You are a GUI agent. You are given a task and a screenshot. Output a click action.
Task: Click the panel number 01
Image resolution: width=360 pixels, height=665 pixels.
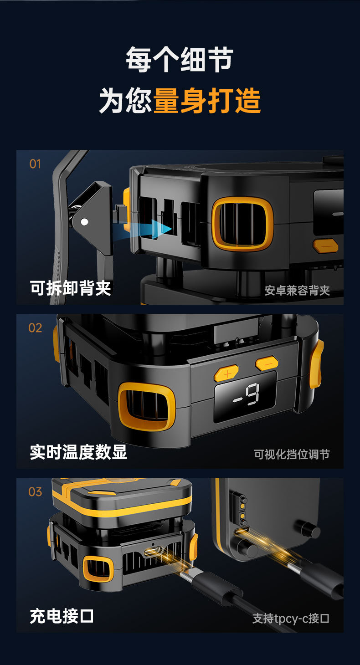click(x=35, y=164)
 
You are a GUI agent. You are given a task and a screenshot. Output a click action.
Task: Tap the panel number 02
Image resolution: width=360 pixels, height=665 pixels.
click(x=35, y=328)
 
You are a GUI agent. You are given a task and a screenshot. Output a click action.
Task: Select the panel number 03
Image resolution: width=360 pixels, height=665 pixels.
click(x=35, y=492)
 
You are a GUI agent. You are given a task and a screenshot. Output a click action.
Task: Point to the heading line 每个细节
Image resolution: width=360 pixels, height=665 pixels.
click(x=180, y=59)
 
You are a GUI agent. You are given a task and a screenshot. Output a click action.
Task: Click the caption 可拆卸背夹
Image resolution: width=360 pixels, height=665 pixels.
click(x=70, y=288)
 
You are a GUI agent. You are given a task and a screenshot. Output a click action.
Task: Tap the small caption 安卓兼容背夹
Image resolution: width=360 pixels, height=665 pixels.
click(x=297, y=291)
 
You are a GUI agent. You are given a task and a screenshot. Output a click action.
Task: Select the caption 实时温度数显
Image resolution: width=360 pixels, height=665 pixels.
click(x=78, y=452)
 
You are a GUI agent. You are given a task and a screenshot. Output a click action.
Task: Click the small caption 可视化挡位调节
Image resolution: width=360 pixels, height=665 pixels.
click(x=292, y=454)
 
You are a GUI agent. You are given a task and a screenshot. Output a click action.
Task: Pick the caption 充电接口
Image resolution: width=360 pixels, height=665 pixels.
click(x=62, y=616)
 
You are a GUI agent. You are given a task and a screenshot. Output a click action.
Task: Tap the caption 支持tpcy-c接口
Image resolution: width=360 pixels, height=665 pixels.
click(x=291, y=619)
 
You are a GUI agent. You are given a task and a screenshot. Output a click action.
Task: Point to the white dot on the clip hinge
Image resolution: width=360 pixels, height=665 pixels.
click(x=84, y=222)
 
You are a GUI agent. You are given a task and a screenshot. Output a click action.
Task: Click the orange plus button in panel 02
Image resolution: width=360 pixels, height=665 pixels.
click(x=226, y=373)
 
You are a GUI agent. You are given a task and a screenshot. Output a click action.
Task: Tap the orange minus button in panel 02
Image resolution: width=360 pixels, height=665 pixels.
click(x=267, y=363)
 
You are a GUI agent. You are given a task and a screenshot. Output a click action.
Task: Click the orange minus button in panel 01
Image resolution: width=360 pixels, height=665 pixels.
click(x=325, y=246)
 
